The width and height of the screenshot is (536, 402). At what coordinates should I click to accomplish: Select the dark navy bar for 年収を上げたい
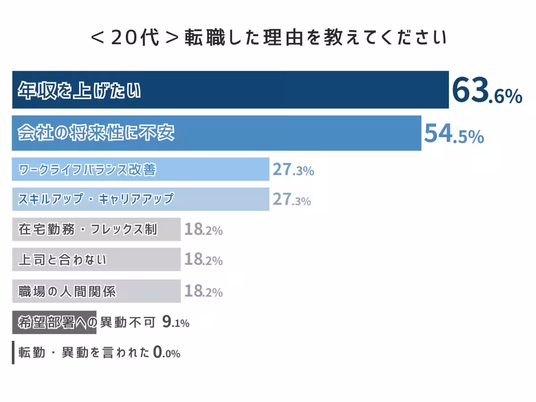pyautogui.click(x=230, y=90)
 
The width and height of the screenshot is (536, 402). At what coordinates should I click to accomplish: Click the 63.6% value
pyautogui.click(x=486, y=91)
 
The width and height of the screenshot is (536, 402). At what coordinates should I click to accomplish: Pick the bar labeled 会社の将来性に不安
pyautogui.click(x=216, y=133)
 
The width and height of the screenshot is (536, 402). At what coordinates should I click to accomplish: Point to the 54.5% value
pyautogui.click(x=453, y=134)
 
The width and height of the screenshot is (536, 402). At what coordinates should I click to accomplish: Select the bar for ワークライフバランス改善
pyautogui.click(x=140, y=169)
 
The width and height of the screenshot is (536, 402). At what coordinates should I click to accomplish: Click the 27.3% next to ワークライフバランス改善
pyautogui.click(x=293, y=170)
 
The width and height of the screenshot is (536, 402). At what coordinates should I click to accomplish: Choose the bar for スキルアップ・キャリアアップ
pyautogui.click(x=140, y=199)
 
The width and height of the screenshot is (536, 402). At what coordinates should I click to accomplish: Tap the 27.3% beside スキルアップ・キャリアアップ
pyautogui.click(x=292, y=200)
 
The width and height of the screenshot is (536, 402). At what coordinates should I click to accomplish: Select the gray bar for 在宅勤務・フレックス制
pyautogui.click(x=96, y=230)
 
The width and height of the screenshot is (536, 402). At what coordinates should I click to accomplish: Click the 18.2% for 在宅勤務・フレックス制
pyautogui.click(x=203, y=230)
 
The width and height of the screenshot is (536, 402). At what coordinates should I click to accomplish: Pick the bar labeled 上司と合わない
pyautogui.click(x=96, y=260)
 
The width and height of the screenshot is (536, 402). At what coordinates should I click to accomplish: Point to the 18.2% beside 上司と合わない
pyautogui.click(x=203, y=260)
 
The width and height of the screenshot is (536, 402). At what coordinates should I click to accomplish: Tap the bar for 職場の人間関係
pyautogui.click(x=96, y=291)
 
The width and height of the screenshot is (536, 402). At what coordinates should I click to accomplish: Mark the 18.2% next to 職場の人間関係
pyautogui.click(x=203, y=292)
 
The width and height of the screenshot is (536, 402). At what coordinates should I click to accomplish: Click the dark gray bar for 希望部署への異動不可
pyautogui.click(x=54, y=322)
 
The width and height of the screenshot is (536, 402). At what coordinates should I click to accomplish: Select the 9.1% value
pyautogui.click(x=176, y=322)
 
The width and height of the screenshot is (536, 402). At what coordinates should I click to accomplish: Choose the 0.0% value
pyautogui.click(x=167, y=353)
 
